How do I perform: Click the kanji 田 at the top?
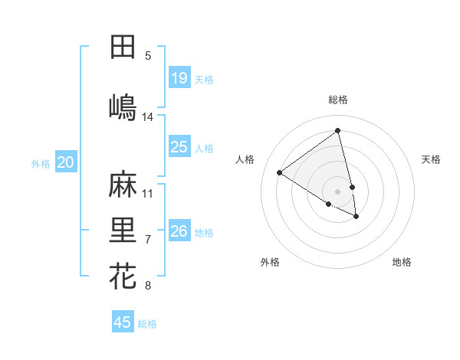pos(123,47)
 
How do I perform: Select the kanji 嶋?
pos(123,106)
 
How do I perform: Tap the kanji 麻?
pos(123,184)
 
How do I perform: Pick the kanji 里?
pos(123,230)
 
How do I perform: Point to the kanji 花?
pos(123,276)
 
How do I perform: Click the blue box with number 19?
pos(179,78)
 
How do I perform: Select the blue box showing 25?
pos(179,147)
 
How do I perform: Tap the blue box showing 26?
pos(179,231)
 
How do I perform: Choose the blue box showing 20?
pos(65,162)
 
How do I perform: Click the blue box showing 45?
pos(123,322)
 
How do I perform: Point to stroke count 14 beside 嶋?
pos(148,117)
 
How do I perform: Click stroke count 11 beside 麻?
pos(148,193)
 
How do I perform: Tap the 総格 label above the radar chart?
pos(338,100)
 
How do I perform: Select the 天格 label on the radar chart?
pos(431,159)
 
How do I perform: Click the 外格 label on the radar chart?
pos(270,262)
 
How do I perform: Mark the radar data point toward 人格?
pos(280,172)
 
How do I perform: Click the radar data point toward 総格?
pos(337,131)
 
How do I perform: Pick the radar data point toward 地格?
pos(356,217)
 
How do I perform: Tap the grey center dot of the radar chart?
pos(338,191)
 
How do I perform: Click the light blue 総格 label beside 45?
pos(147,324)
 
